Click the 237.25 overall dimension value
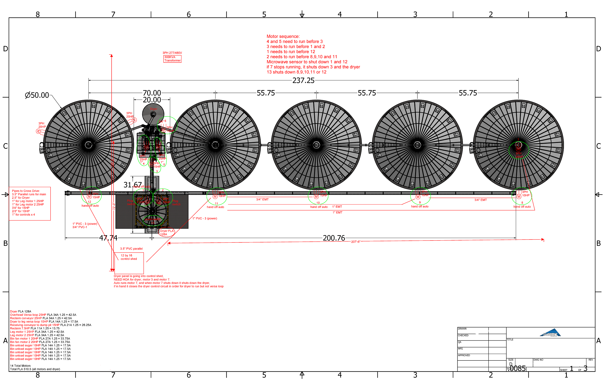click(303, 81)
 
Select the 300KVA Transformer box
click(172, 59)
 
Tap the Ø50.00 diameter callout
click(37, 95)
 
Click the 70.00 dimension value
click(152, 93)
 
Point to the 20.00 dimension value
click(152, 100)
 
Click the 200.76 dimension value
click(334, 238)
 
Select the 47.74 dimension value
click(108, 238)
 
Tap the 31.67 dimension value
click(132, 185)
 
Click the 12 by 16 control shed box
click(129, 263)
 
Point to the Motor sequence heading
click(283, 36)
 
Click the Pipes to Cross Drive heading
click(26, 191)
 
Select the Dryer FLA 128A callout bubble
click(166, 233)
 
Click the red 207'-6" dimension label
click(356, 242)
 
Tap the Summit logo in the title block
click(550, 333)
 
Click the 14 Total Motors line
click(20, 366)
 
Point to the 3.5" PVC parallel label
click(131, 249)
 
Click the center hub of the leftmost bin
click(88, 145)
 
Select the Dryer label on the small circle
click(154, 109)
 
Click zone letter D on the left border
click(5, 49)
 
